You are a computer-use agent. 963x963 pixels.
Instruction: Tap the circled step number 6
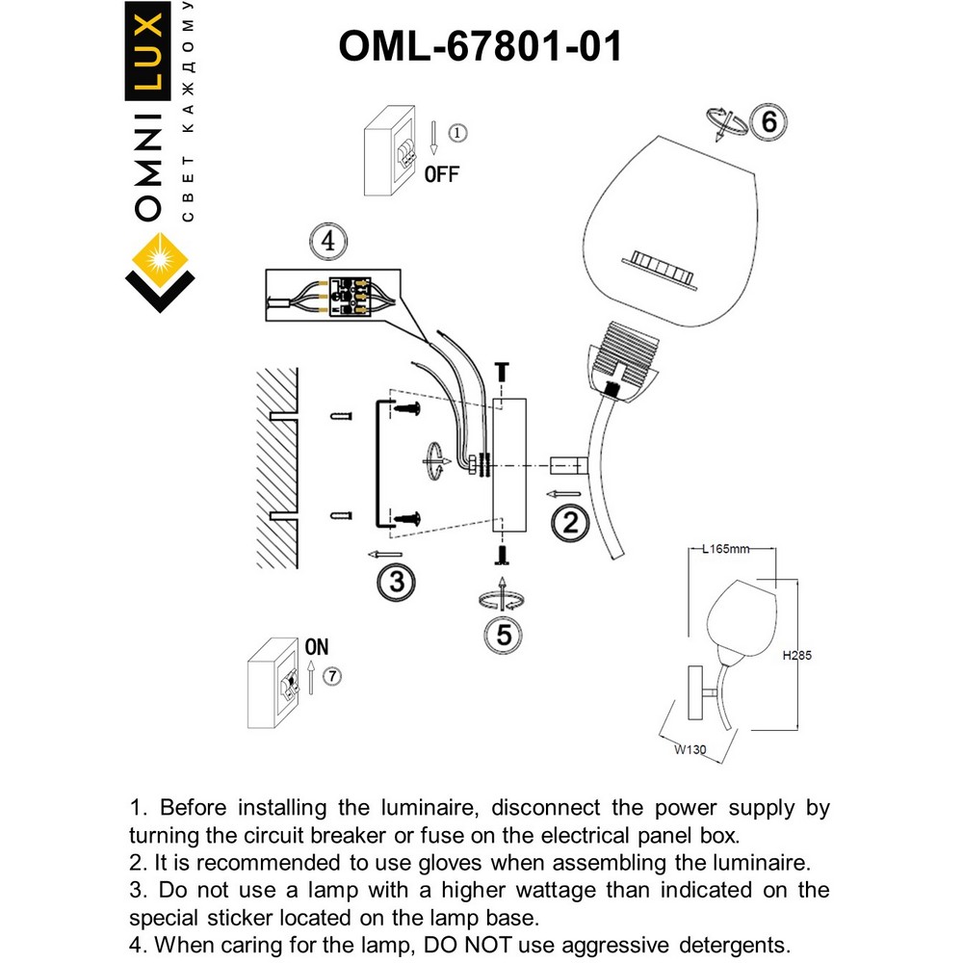click(x=768, y=122)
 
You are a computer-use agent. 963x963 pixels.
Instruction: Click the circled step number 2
click(x=570, y=523)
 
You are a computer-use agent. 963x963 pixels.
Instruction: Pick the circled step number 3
click(x=396, y=581)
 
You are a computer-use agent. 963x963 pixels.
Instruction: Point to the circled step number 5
click(x=503, y=634)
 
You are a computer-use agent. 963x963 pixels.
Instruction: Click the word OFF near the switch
click(x=442, y=174)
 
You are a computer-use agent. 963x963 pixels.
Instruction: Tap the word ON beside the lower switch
click(x=316, y=647)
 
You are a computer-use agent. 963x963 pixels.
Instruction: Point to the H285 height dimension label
click(x=796, y=656)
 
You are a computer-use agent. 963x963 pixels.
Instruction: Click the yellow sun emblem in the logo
click(x=160, y=260)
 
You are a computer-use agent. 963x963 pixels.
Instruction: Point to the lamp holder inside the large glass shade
click(x=662, y=267)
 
